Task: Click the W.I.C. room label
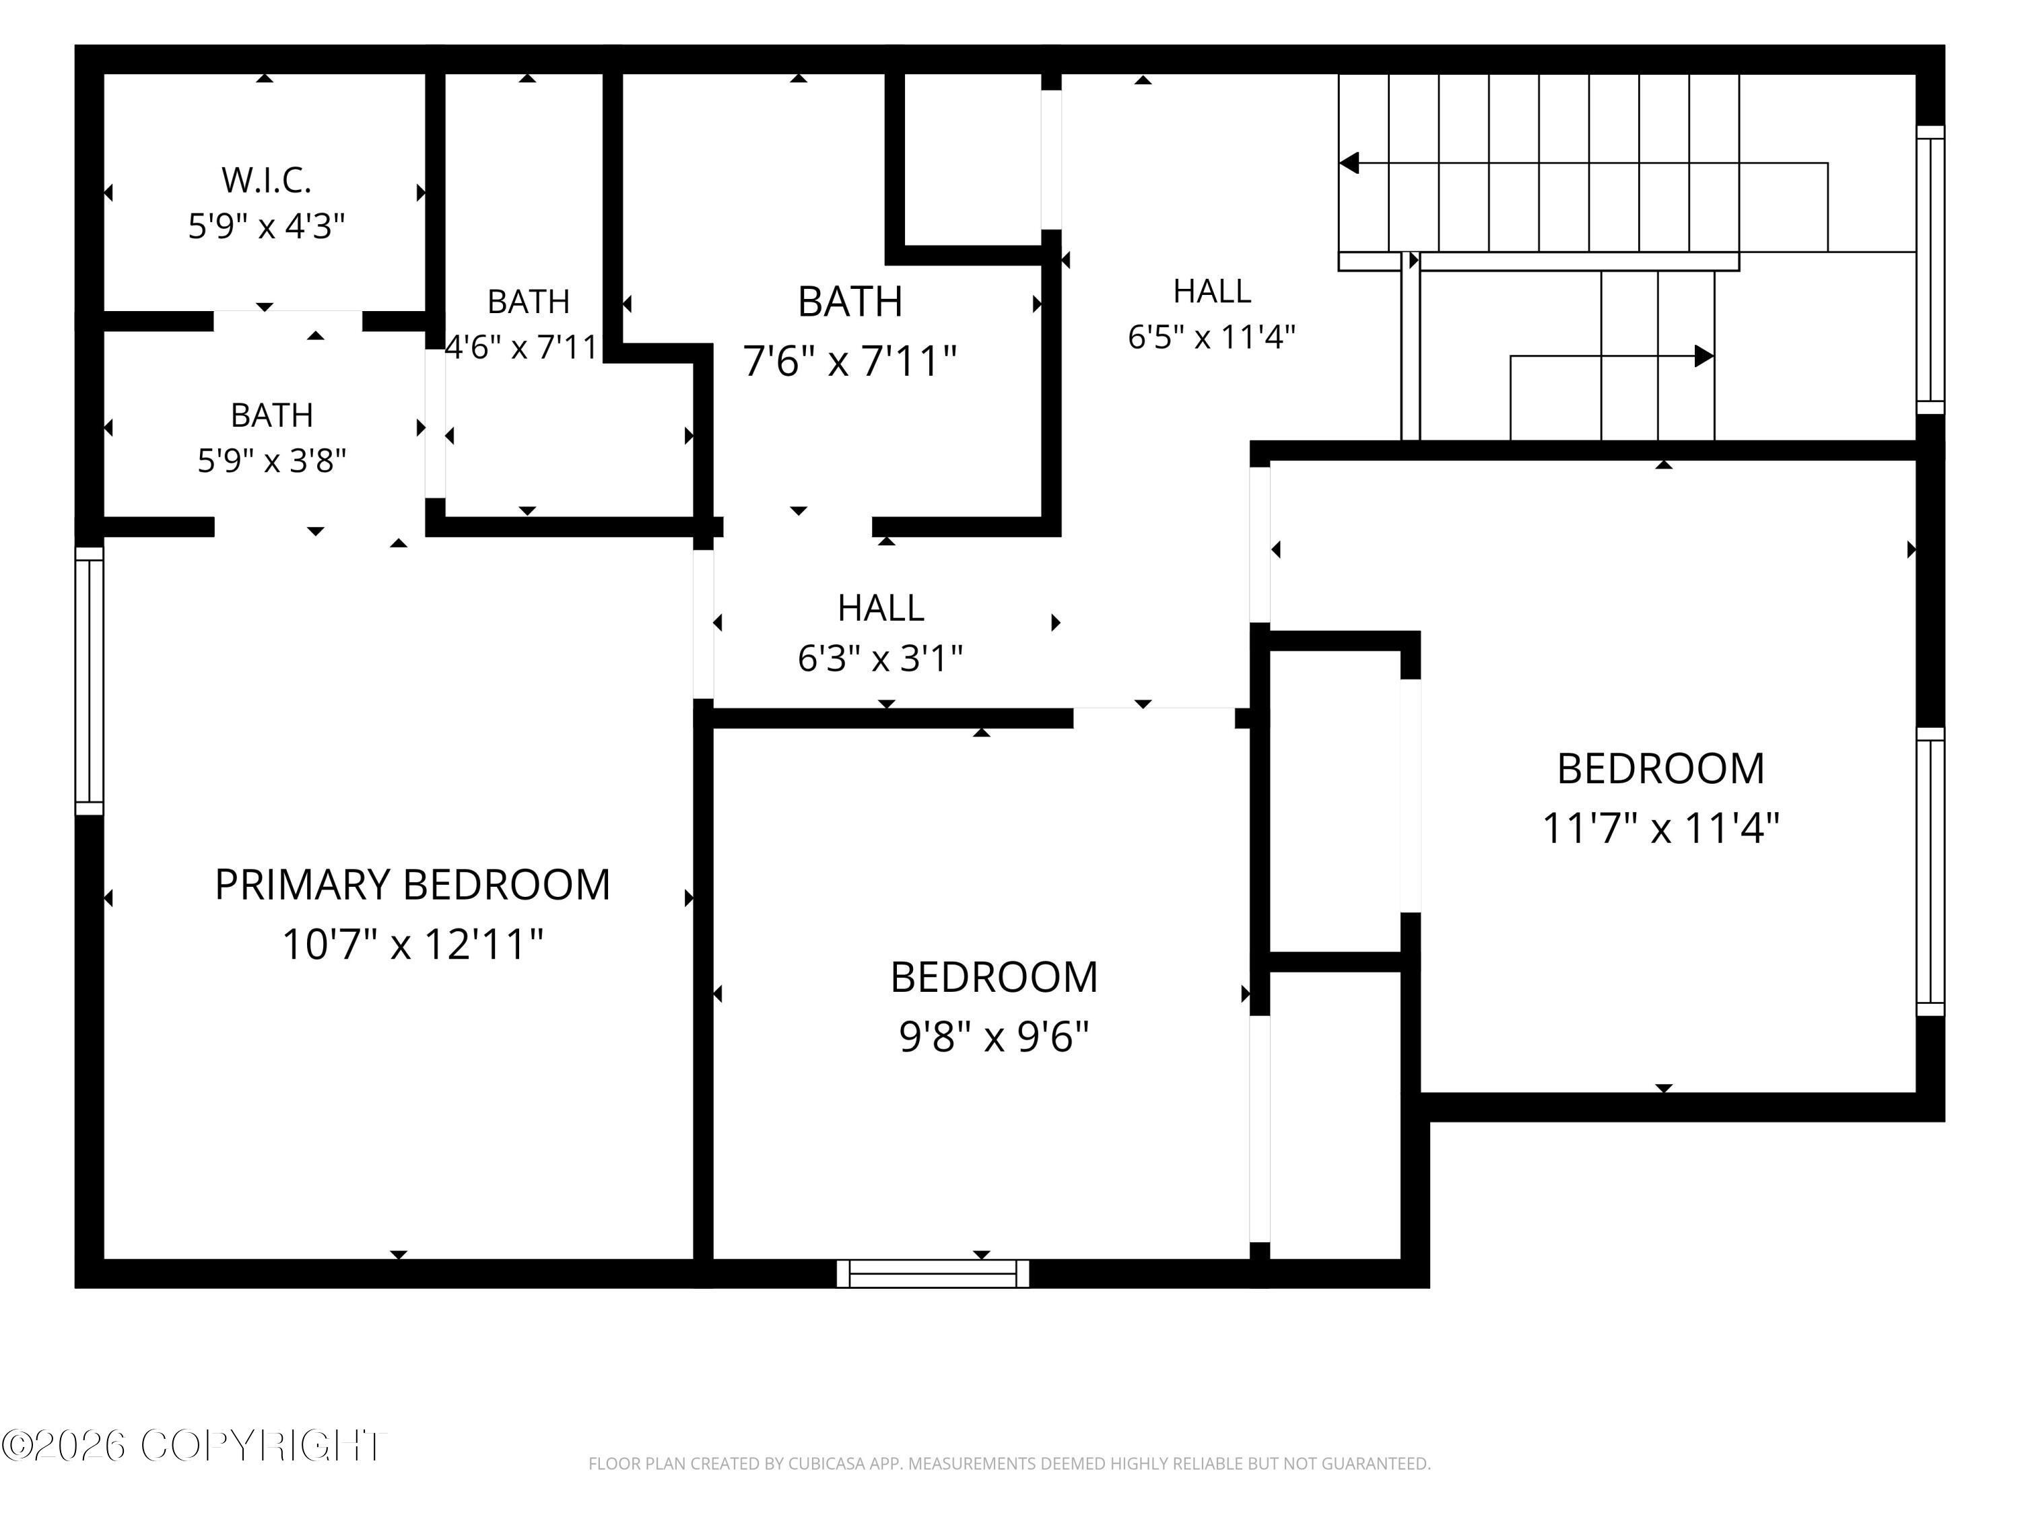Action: point(267,181)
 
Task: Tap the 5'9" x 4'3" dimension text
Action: point(267,226)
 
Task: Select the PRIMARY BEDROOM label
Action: point(413,885)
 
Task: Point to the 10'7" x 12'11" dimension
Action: point(413,944)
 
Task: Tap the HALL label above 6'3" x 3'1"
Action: point(881,608)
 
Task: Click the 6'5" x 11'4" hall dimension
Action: point(1212,337)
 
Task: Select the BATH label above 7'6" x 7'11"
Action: point(850,302)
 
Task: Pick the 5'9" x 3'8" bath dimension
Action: point(272,461)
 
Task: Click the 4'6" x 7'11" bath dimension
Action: point(521,347)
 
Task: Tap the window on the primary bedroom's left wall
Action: point(90,680)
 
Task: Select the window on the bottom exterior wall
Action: point(933,1274)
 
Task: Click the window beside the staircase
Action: point(1930,269)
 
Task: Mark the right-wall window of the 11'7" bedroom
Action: point(1930,872)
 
